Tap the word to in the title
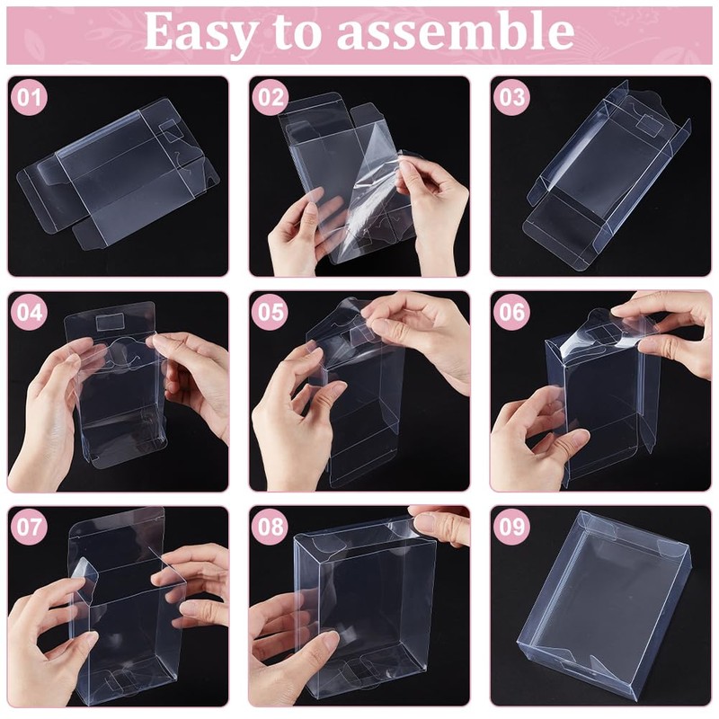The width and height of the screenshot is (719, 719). (x=300, y=33)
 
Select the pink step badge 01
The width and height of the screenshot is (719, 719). (x=30, y=98)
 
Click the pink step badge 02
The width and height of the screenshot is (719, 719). (x=271, y=98)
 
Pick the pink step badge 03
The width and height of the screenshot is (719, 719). (x=510, y=98)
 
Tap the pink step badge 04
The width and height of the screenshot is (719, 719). (x=30, y=313)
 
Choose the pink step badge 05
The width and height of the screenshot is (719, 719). (x=271, y=313)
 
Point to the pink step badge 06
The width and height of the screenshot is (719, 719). (x=510, y=313)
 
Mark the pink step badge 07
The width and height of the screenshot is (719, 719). (x=30, y=527)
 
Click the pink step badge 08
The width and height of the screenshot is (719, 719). (x=271, y=527)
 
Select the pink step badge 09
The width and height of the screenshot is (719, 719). (x=510, y=527)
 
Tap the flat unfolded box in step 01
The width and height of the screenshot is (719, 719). (x=117, y=175)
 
